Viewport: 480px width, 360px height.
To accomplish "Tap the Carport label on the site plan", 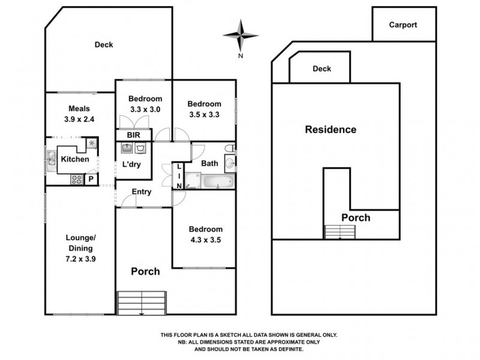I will pos(403,25).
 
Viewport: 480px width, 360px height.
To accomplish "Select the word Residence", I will pos(331,130).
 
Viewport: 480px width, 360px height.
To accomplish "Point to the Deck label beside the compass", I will pos(322,69).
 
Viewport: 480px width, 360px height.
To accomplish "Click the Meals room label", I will pos(79,109).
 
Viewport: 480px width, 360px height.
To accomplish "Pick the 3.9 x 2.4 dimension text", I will pos(79,119).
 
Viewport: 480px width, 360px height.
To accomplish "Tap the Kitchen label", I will pos(75,159).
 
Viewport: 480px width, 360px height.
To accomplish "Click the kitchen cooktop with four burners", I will pos(77,178).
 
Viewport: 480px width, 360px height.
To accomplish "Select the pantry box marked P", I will pos(91,179).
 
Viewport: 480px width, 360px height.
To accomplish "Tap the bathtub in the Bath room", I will pos(216,181).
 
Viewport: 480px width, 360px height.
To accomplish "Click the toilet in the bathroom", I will pos(227,148).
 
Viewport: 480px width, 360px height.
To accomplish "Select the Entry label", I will pos(142,192).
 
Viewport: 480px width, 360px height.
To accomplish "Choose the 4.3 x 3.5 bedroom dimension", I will pos(206,239).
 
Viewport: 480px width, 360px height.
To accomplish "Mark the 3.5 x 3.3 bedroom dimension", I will pos(204,113).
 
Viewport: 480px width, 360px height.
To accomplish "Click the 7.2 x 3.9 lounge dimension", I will pos(80,259).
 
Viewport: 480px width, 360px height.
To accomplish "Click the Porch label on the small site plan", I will pos(356,218).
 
